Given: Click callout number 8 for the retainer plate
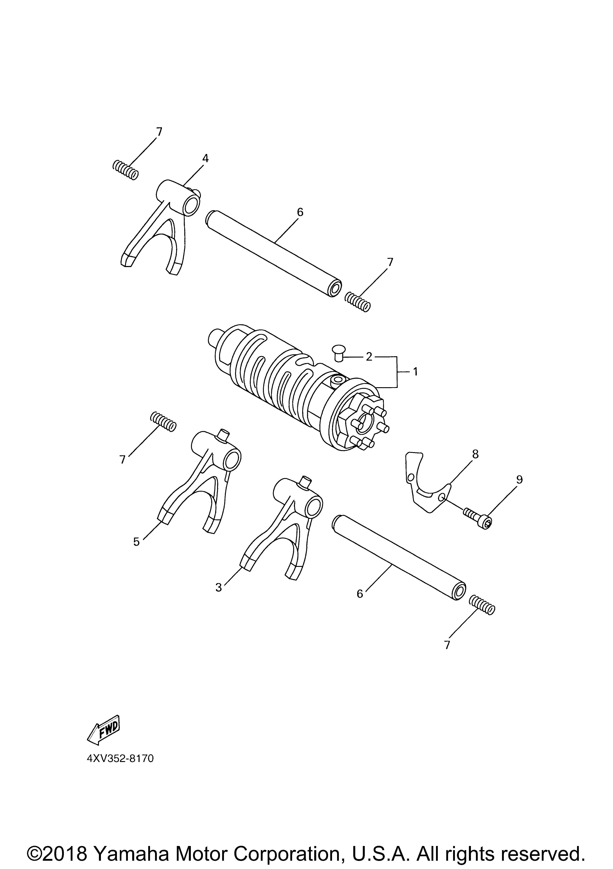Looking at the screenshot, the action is pos(475,454).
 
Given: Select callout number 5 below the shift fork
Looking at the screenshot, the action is pos(136,542).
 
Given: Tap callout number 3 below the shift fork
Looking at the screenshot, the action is pos(219,587).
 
